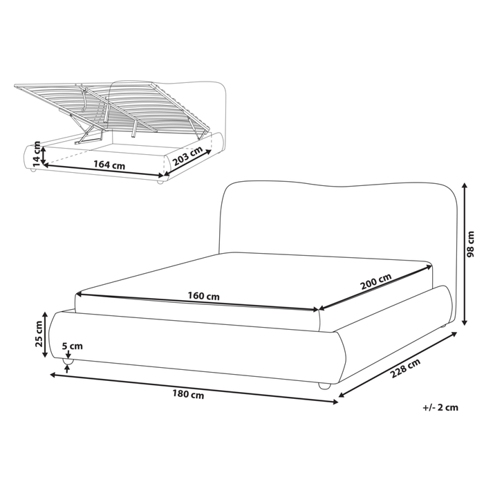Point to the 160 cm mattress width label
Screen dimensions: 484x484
click(204, 297)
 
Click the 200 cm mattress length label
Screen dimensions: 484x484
click(376, 283)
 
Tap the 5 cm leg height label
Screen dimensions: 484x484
click(72, 346)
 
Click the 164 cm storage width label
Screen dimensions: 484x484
click(110, 165)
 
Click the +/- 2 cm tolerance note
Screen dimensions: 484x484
click(440, 407)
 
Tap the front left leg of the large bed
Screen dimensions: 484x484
click(68, 361)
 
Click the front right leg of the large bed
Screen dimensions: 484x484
click(324, 386)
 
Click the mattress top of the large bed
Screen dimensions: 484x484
click(256, 277)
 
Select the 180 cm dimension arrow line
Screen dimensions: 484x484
click(194, 388)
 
